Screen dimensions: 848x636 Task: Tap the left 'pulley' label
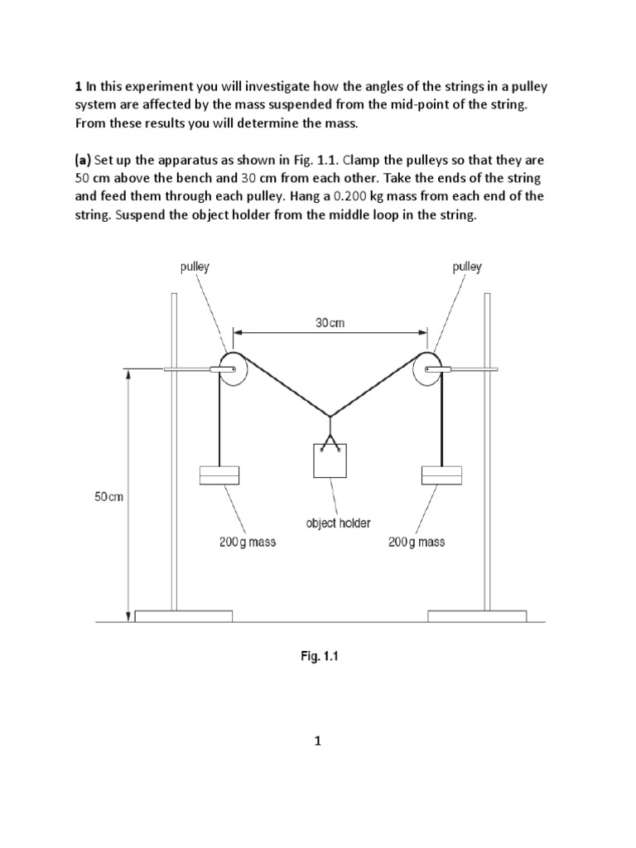195,267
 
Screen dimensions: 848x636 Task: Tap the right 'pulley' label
467,267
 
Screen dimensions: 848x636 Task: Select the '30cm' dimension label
330,323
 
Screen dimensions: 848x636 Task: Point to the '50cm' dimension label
108,497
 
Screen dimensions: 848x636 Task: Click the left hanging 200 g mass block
219,475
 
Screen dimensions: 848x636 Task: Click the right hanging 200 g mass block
441,475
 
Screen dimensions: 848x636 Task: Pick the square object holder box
330,460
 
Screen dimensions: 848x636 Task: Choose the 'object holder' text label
338,523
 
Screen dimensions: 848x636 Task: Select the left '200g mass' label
248,542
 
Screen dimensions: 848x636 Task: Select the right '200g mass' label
416,542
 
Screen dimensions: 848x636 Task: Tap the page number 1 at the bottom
316,742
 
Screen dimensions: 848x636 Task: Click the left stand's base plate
184,615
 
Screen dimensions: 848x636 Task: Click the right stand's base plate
477,615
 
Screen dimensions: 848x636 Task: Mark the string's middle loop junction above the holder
330,416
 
